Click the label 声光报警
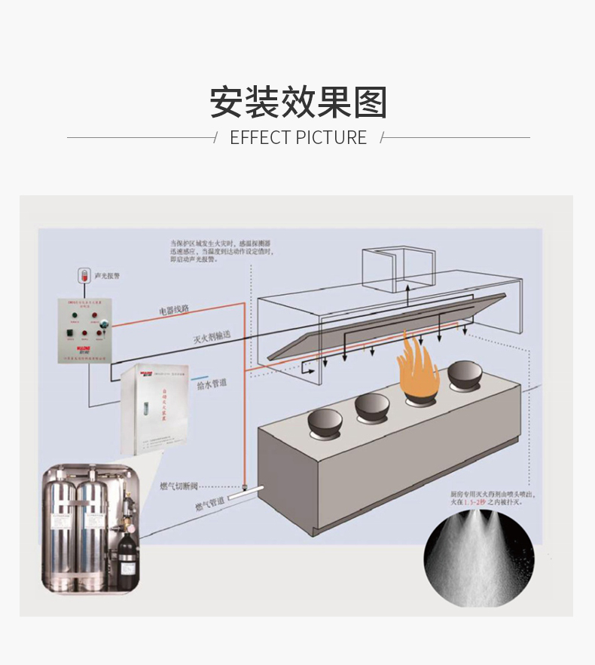point(108,276)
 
